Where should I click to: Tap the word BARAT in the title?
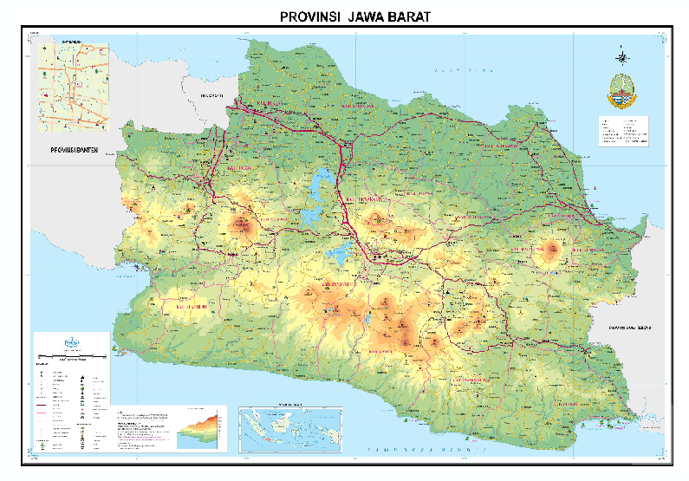pos(407,16)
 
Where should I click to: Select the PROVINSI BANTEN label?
pos(70,152)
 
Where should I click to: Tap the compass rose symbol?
pos(623,57)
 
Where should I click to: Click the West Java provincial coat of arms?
pos(623,89)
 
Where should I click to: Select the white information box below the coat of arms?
pos(623,132)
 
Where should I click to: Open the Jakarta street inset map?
pos(73,86)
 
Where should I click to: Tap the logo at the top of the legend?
pos(71,342)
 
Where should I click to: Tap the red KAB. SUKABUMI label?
pos(193,306)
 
